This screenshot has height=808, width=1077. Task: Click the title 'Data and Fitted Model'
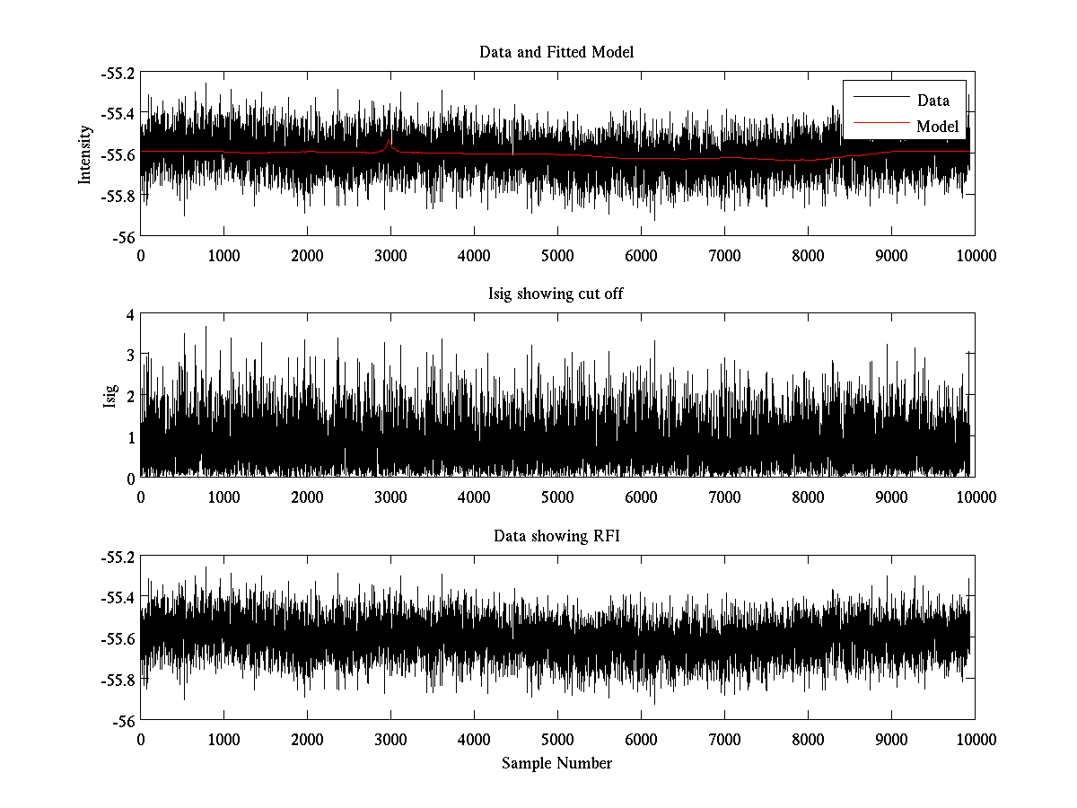556,52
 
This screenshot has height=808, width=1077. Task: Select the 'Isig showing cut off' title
556,294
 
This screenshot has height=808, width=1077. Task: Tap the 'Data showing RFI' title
556,536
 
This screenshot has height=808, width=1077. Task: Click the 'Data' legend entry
933,101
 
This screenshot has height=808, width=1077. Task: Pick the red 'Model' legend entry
937,127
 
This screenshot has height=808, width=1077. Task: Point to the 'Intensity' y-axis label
85,154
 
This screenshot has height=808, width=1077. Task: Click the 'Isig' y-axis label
109,396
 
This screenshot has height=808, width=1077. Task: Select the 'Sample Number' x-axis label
556,763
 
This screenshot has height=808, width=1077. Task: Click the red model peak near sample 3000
389,141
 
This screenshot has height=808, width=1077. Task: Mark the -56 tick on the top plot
125,237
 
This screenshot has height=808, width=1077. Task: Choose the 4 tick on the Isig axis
130,314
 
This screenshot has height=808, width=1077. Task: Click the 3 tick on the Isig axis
130,356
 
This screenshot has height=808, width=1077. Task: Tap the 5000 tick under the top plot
557,255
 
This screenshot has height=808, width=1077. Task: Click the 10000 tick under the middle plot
975,497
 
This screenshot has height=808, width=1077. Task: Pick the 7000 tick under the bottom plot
724,739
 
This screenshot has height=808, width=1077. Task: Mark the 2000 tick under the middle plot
307,497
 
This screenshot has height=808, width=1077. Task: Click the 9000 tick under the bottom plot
891,739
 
